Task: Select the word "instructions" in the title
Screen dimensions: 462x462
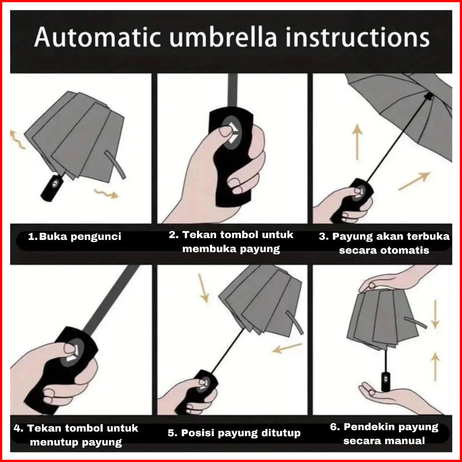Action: pos(358,38)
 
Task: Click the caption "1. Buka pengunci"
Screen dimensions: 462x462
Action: pos(75,236)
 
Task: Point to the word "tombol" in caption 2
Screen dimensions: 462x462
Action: pos(239,235)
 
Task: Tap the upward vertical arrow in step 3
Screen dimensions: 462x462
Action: pos(357,142)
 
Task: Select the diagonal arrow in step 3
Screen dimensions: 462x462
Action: pos(414,181)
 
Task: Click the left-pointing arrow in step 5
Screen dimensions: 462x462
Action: pos(287,348)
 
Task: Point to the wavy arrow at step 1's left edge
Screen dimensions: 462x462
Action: pos(17,139)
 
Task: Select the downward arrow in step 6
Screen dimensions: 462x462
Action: pos(435,314)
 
